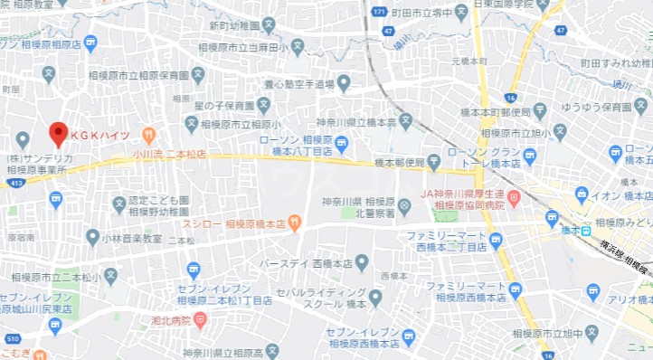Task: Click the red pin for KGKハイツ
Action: point(58,135)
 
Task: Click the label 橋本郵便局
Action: point(399,164)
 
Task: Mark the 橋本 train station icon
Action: point(552,218)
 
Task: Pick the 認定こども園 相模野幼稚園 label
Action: point(158,204)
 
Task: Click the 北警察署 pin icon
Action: point(403,207)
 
